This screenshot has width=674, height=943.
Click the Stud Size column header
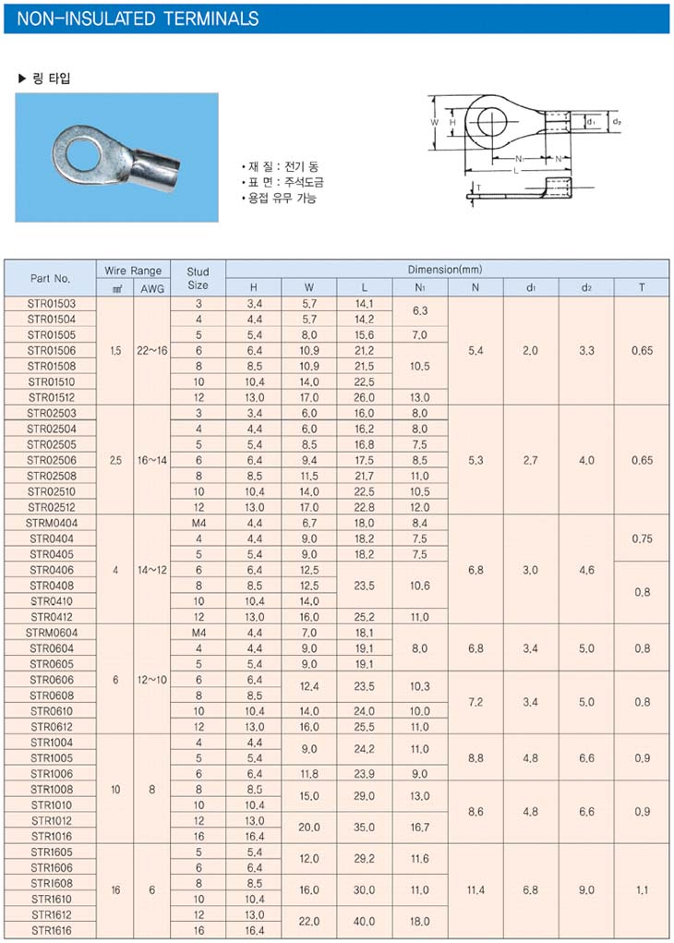[x=199, y=278]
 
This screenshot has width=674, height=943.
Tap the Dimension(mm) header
[x=447, y=270]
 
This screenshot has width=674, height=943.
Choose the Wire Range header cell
[x=134, y=271]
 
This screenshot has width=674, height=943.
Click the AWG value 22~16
[x=152, y=350]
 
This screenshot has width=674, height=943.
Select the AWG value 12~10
[x=152, y=680]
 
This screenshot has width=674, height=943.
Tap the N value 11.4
[x=475, y=890]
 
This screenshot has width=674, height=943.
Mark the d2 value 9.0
[x=586, y=890]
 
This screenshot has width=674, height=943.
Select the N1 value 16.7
[x=420, y=828]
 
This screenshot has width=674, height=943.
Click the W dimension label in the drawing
[x=435, y=122]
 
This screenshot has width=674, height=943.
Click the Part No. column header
[x=51, y=278]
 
